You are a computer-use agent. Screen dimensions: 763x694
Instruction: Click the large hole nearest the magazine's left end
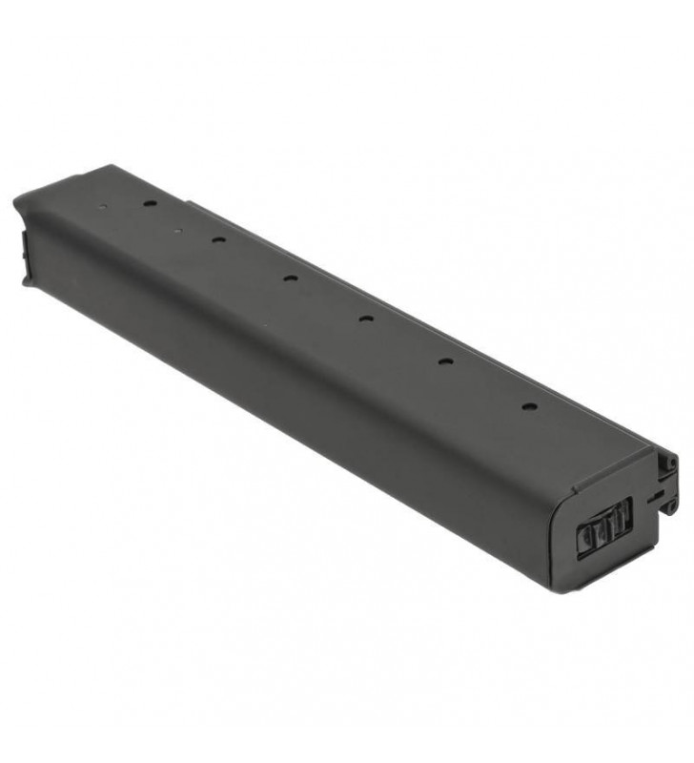(151, 203)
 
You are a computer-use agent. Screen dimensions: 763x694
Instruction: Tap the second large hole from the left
(217, 239)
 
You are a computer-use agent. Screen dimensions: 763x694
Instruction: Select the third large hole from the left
(289, 278)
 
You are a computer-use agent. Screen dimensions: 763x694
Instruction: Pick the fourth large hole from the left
(365, 318)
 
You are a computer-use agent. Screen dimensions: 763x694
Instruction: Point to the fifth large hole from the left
(444, 361)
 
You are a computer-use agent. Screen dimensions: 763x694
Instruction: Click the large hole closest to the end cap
(527, 405)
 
